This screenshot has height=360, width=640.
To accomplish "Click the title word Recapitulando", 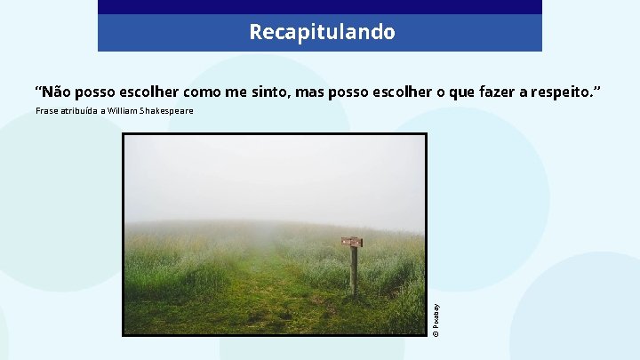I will [322, 33].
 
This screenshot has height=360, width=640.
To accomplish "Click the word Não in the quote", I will [58, 92].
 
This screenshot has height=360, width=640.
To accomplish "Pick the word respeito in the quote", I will [564, 92].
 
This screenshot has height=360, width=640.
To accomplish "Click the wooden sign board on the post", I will [352, 242].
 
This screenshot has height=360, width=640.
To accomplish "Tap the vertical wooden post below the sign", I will [354, 270].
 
